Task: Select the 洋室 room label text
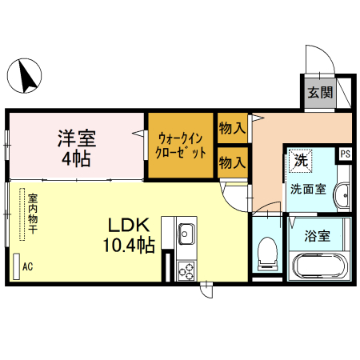76,138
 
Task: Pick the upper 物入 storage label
232,127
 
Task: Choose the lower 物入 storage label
232,162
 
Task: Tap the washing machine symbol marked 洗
301,160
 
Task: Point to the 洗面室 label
307,190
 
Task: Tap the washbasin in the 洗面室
342,196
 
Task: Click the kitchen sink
186,234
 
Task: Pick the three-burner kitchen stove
186,270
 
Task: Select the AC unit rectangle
16,266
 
